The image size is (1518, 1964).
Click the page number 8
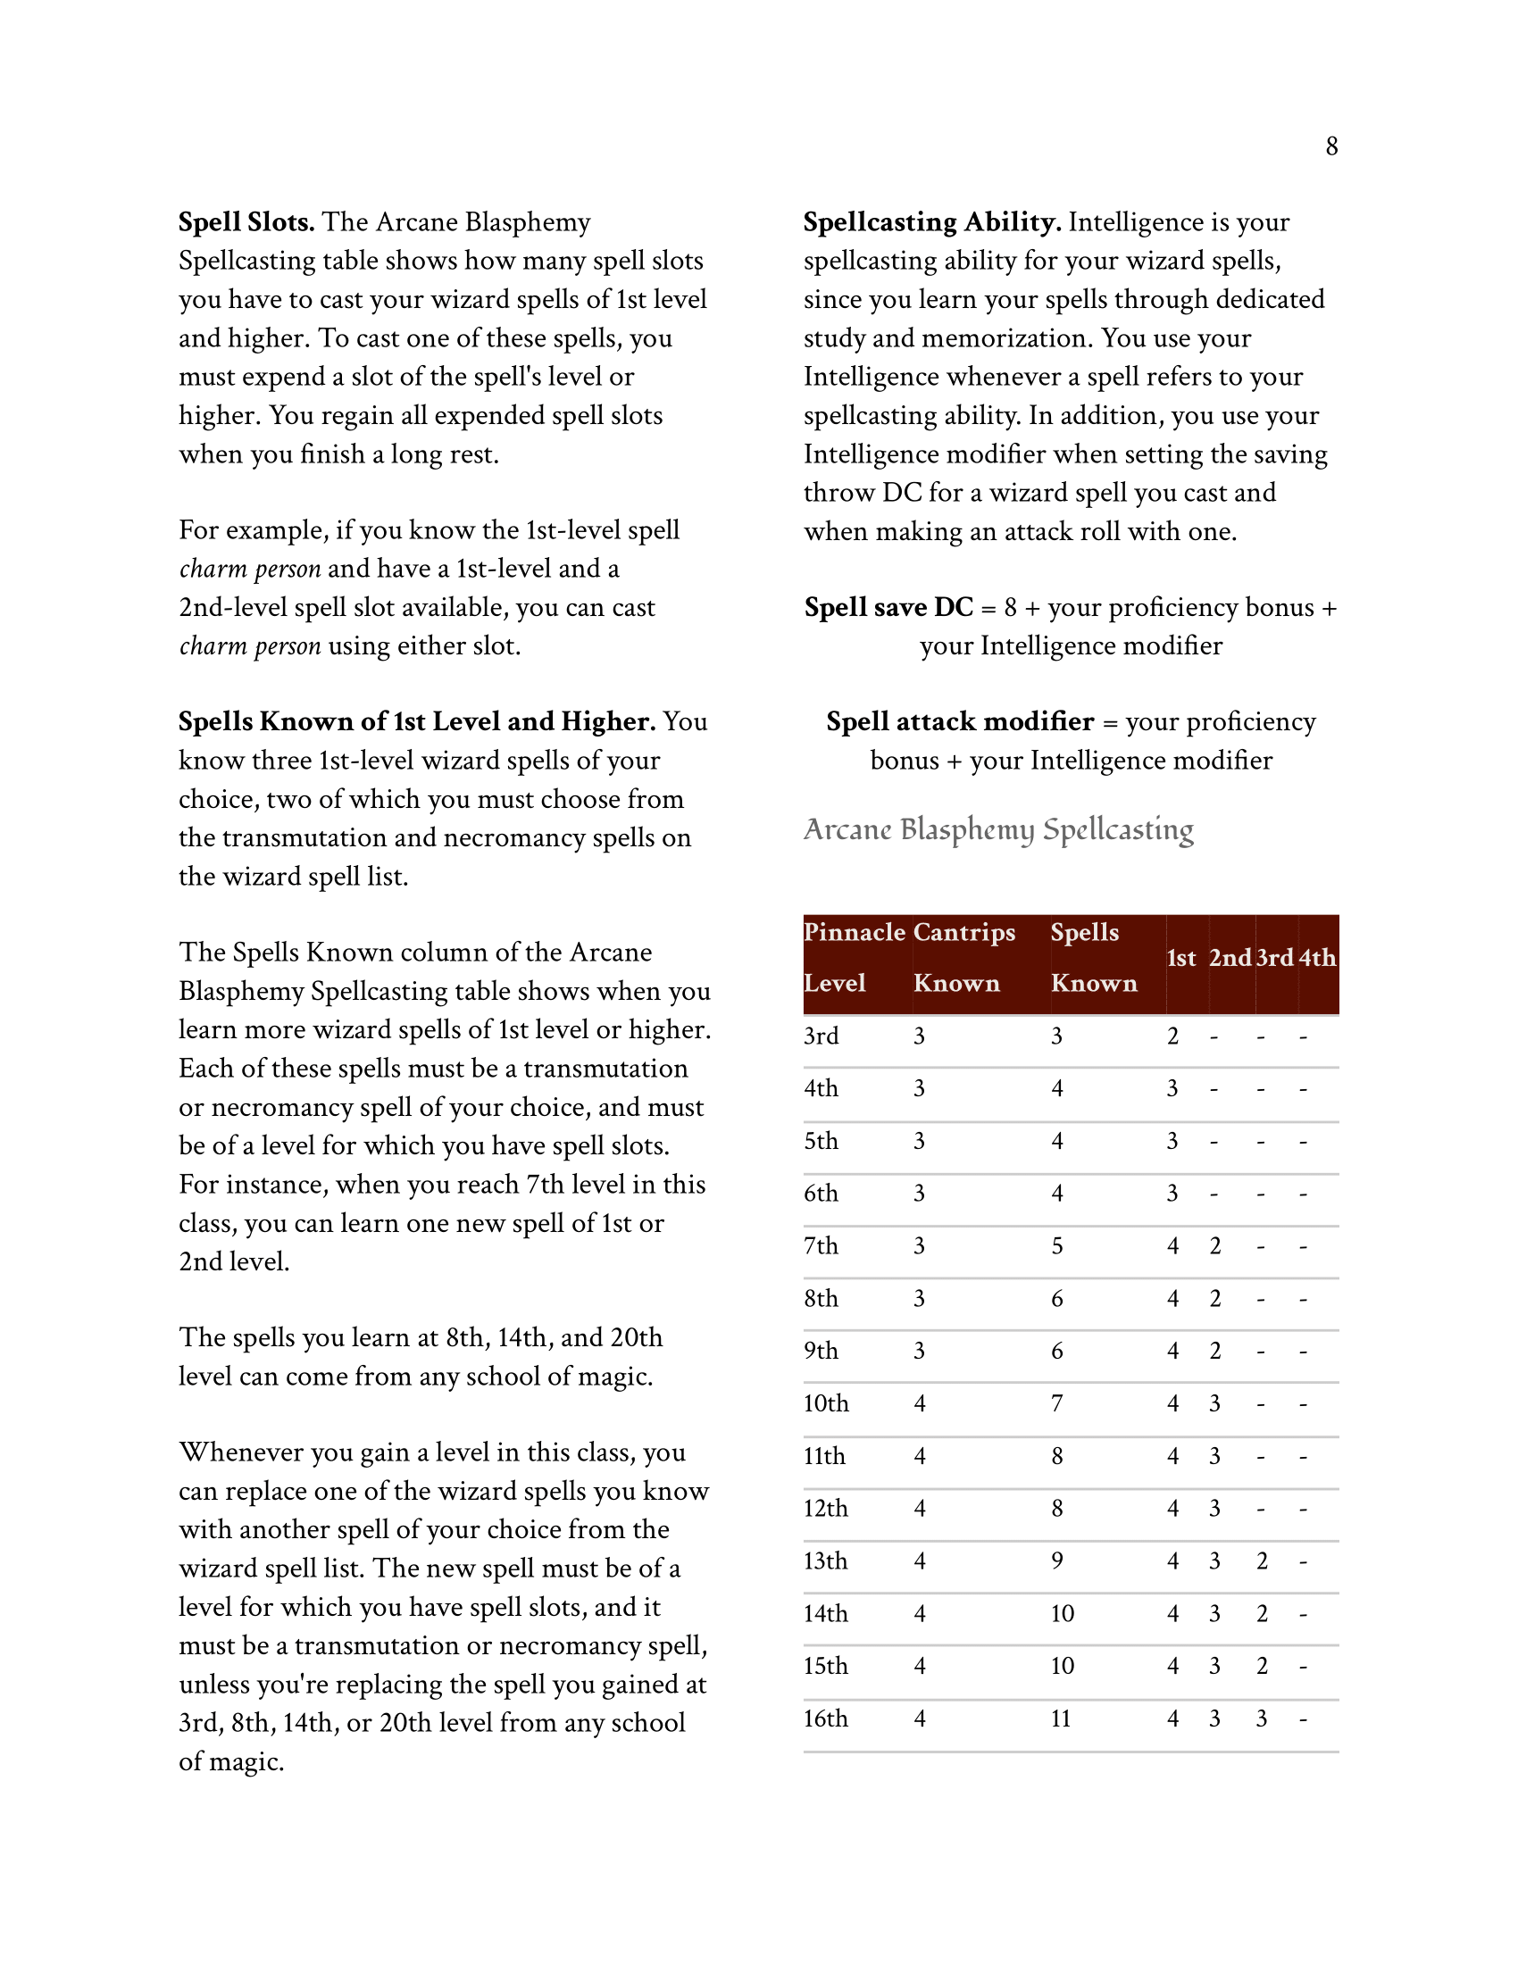[1331, 146]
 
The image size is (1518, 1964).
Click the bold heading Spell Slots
[246, 222]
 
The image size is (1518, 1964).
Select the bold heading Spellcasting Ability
[931, 222]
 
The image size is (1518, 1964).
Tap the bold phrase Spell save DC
[888, 607]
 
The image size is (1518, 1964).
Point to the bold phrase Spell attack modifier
[960, 721]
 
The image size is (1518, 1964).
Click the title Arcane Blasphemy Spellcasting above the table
[998, 829]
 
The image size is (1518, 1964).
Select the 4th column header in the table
[1316, 958]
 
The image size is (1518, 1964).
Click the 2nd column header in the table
[1230, 958]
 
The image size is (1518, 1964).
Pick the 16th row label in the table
[826, 1718]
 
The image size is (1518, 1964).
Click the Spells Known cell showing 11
[1061, 1718]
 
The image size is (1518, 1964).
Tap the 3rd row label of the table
[821, 1036]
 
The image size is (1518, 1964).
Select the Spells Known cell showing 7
[1057, 1403]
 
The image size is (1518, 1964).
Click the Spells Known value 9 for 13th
[1057, 1561]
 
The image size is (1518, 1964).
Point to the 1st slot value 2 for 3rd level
[1172, 1036]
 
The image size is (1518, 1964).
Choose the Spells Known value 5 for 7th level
[1057, 1246]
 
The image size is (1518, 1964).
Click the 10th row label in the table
[826, 1403]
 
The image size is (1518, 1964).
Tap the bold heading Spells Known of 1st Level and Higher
[416, 721]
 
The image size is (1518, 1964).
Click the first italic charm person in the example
[250, 570]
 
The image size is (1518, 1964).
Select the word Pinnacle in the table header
[855, 932]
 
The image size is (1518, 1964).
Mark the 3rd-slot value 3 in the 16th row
[1262, 1718]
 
